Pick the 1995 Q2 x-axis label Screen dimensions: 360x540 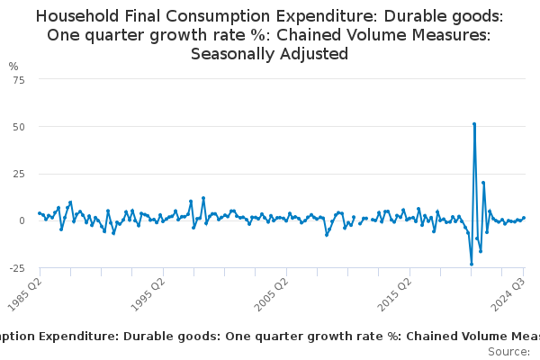point(146,293)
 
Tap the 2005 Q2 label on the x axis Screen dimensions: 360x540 point(268,293)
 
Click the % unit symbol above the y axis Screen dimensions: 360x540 point(13,67)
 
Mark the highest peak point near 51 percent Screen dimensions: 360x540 point(474,124)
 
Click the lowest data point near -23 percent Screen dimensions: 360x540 point(472,264)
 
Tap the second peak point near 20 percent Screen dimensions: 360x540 point(483,183)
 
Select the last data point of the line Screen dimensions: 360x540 point(524,218)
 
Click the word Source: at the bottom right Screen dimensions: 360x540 point(508,352)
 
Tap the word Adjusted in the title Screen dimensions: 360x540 point(315,53)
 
